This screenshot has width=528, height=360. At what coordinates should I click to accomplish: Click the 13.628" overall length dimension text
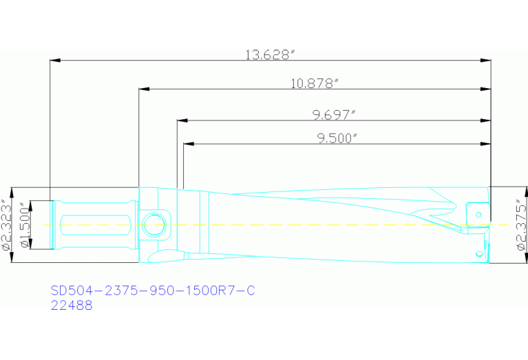tap(270, 54)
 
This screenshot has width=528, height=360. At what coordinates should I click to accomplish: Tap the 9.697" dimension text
tap(333, 114)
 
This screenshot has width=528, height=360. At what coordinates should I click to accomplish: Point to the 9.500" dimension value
tap(337, 138)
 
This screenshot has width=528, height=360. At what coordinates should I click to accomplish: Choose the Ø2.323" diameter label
tap(6, 224)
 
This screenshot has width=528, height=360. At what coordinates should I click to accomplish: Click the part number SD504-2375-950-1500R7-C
tap(153, 290)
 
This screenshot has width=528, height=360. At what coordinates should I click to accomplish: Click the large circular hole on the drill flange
tap(155, 224)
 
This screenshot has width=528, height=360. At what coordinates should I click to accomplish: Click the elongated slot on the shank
tap(93, 224)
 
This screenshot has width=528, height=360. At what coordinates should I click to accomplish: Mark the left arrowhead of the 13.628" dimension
tap(55, 61)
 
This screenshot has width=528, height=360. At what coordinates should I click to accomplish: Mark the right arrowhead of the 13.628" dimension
tap(485, 61)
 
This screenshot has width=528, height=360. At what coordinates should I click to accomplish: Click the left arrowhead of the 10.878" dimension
tap(144, 89)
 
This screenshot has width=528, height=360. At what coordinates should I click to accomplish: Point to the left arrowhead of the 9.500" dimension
tap(189, 144)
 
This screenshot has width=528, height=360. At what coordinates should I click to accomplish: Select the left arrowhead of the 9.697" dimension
tap(182, 120)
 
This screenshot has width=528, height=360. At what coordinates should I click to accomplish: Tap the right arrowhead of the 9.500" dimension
tap(485, 144)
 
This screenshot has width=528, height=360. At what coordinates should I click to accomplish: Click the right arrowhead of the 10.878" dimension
tap(485, 89)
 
